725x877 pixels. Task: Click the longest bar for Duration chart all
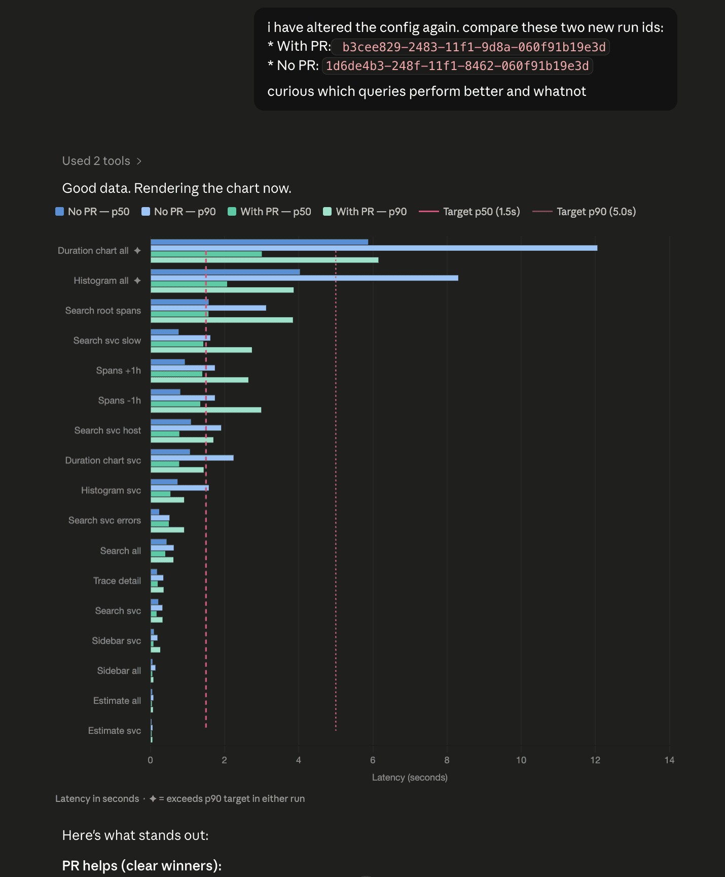pos(374,248)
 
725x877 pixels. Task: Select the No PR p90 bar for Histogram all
pos(304,278)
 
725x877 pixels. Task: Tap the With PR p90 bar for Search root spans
pos(222,320)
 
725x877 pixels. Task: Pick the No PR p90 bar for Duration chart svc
pos(192,458)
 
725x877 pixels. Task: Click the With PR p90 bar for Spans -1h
pos(206,410)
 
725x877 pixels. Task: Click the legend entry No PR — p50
pos(92,212)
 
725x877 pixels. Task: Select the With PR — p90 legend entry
pos(365,212)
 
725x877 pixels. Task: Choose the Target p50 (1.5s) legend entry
pos(469,212)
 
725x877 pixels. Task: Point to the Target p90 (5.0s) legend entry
pos(584,212)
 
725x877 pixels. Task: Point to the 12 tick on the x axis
pos(595,760)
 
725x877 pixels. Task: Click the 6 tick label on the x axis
pos(373,760)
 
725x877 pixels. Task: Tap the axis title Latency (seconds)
pos(410,778)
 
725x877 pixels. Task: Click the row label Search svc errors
pos(104,520)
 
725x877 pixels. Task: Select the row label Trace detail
pos(117,581)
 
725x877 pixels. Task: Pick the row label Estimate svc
pos(115,730)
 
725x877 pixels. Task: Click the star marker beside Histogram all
pos(137,281)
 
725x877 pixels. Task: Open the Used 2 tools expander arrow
pos(139,161)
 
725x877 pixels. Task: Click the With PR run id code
pos(474,47)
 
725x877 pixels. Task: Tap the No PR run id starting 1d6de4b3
pos(457,66)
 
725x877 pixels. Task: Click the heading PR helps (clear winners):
pos(142,865)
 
